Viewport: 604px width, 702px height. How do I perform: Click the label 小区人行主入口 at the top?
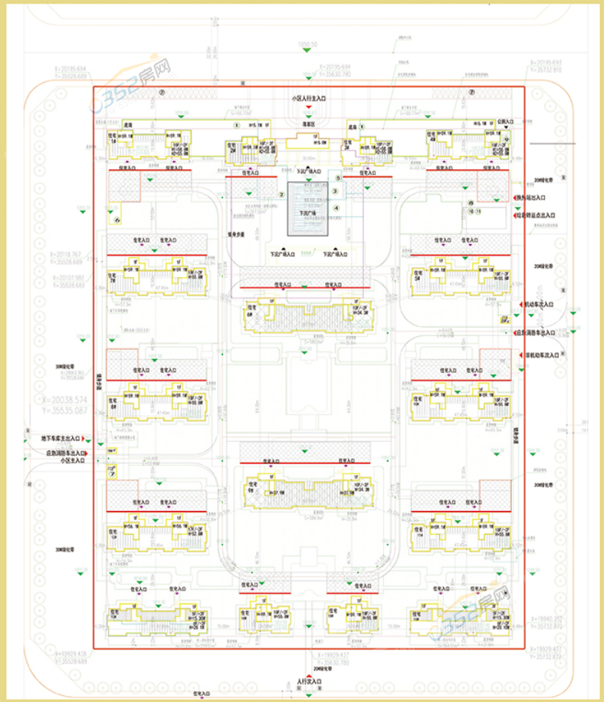[309, 99]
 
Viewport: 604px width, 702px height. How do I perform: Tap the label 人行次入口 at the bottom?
[309, 681]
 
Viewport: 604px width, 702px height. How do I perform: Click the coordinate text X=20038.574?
[64, 400]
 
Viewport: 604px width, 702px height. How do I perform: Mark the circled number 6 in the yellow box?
[117, 220]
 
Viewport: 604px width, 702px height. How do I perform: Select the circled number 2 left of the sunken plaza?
[281, 195]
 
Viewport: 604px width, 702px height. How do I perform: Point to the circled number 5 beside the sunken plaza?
[337, 178]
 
